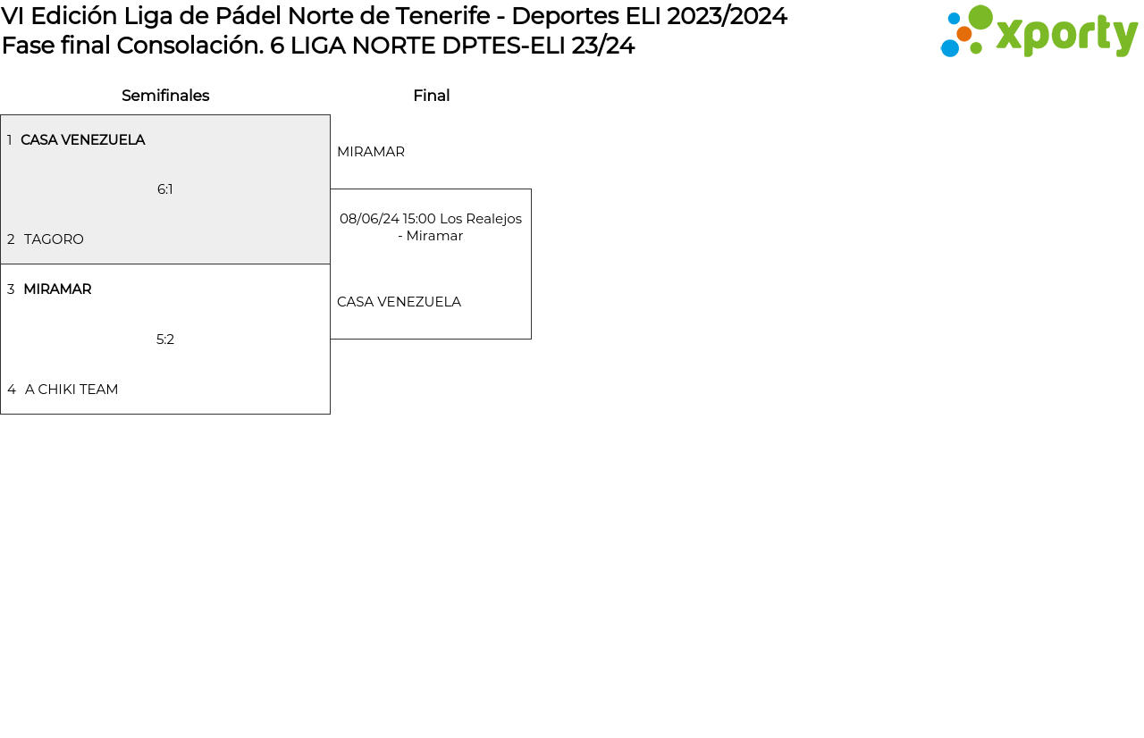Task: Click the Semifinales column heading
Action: [x=165, y=96]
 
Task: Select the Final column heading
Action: [x=432, y=96]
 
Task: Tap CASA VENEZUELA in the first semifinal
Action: [x=83, y=140]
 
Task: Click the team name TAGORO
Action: [x=54, y=239]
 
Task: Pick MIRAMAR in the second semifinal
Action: [x=57, y=289]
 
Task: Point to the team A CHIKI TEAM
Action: [x=71, y=390]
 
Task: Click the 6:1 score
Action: [x=165, y=189]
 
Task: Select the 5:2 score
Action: [x=165, y=340]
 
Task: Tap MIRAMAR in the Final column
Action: [x=371, y=152]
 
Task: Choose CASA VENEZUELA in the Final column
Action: [x=399, y=302]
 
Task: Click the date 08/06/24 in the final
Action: [x=369, y=219]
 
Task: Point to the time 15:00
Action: [x=419, y=219]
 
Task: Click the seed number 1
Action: [x=9, y=140]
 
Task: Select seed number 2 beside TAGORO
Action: [x=11, y=239]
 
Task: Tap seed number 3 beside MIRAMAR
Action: [x=11, y=289]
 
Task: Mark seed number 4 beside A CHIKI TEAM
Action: [x=12, y=390]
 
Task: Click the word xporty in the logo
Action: [x=1067, y=36]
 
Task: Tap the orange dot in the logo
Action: [x=964, y=34]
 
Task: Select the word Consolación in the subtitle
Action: [x=190, y=46]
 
